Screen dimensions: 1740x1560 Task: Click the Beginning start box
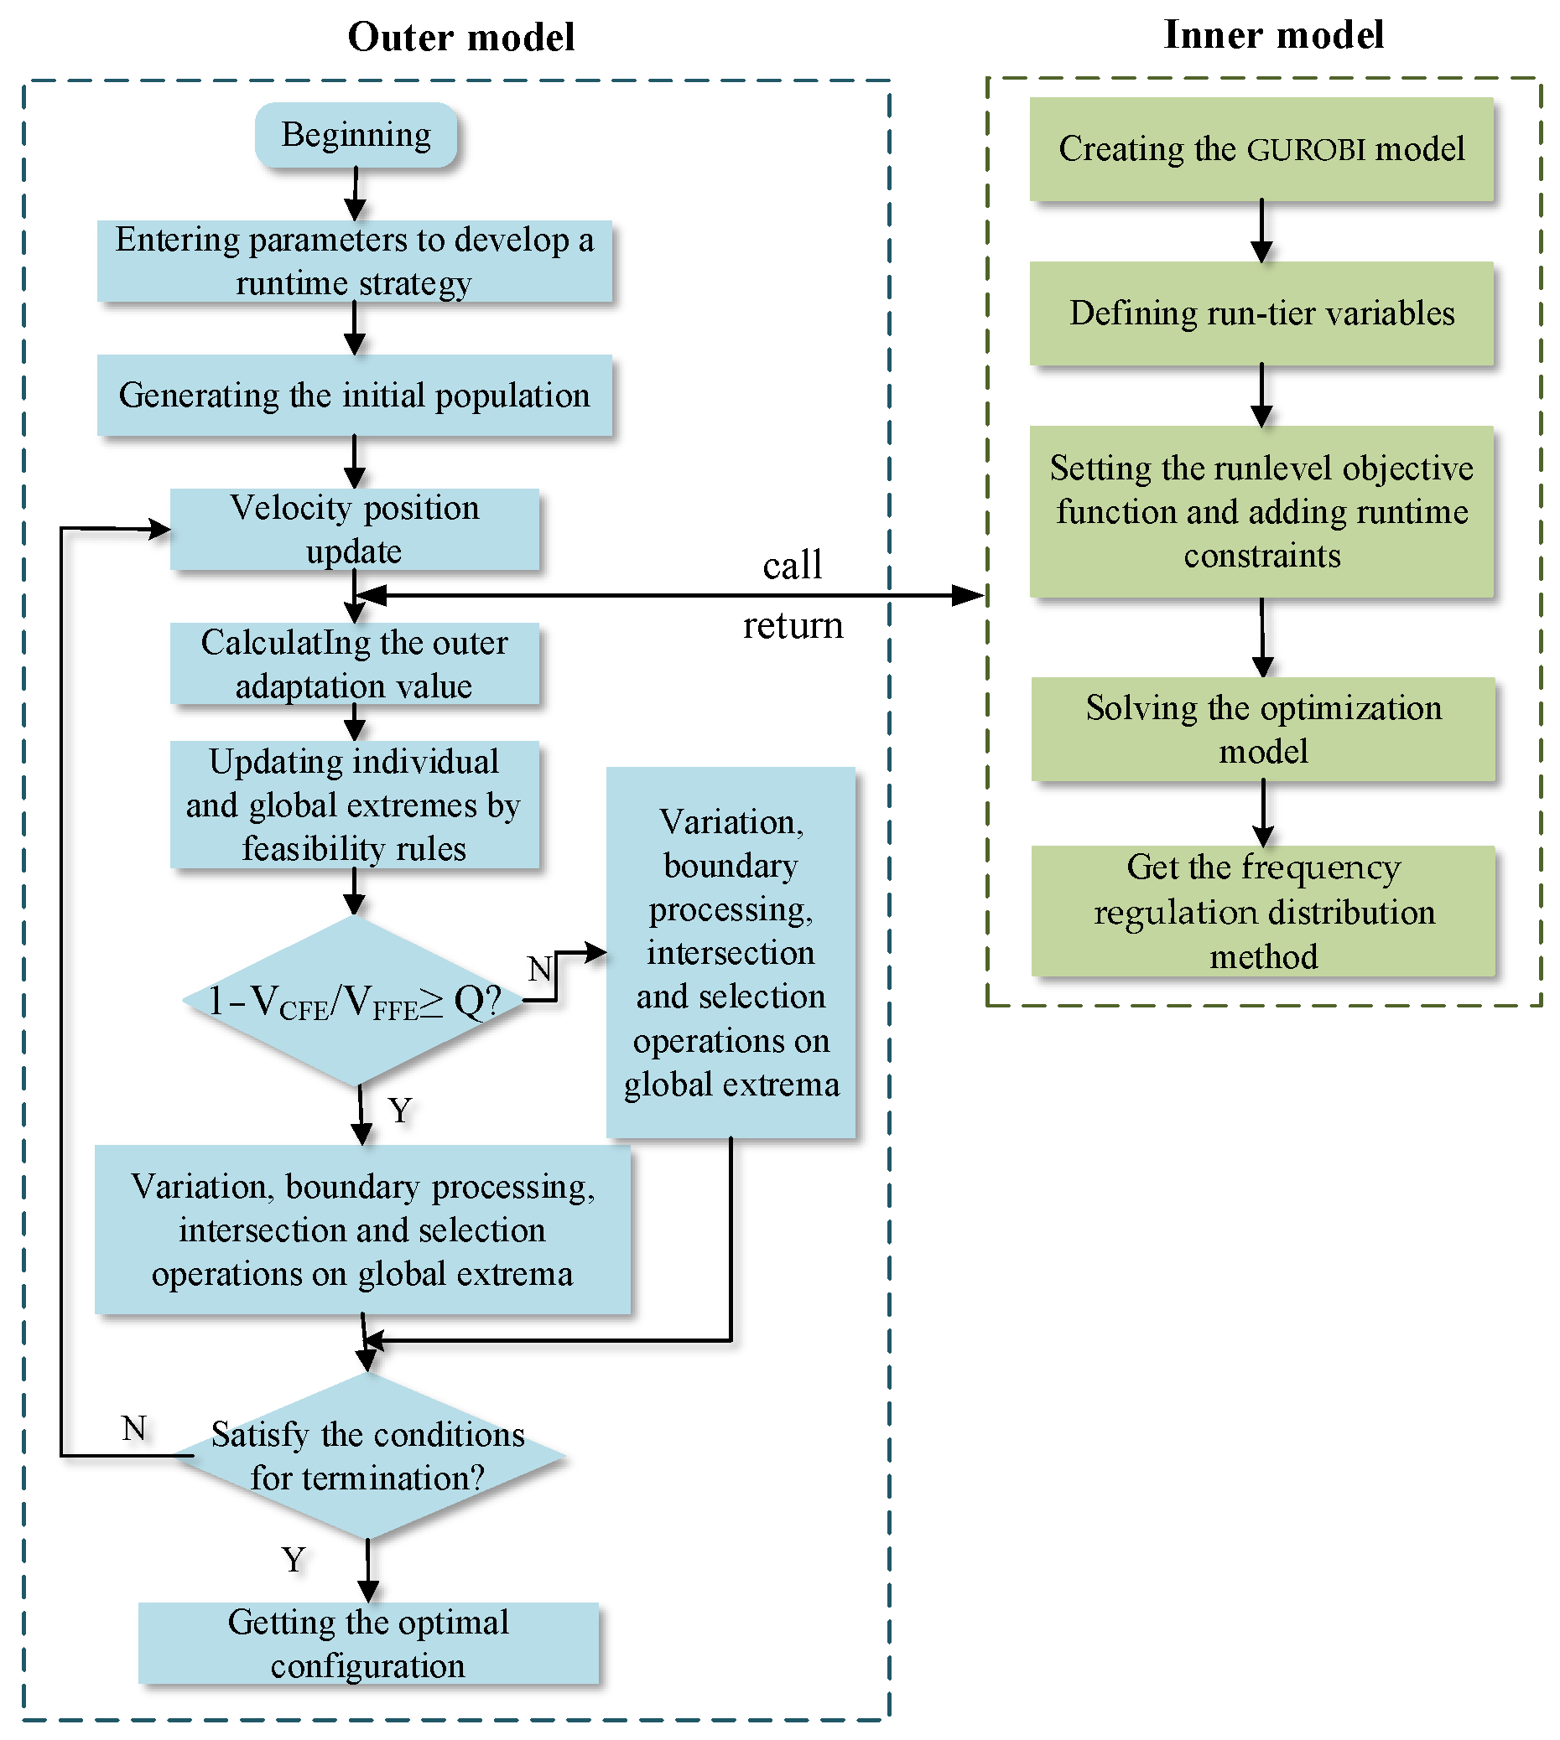click(356, 134)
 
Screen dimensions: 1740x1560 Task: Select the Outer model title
click(460, 38)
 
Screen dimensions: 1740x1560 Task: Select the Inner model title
click(1273, 35)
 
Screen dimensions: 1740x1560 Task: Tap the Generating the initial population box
click(354, 396)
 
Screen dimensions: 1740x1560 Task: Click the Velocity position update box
click(354, 530)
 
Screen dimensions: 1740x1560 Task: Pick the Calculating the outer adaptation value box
click(354, 664)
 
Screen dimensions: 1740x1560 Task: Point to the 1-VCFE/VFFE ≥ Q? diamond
click(354, 1001)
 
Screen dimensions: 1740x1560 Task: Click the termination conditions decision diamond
click(368, 1457)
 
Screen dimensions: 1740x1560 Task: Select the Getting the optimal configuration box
click(368, 1643)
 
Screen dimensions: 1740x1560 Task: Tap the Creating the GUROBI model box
click(1261, 149)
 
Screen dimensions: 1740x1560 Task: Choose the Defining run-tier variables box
click(1261, 313)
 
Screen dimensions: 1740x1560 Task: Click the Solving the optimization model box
click(1263, 729)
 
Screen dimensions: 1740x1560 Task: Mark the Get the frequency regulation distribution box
click(1263, 912)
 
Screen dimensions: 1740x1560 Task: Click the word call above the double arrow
click(792, 566)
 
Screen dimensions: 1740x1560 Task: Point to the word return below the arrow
click(793, 626)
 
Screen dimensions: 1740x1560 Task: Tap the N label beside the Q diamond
click(539, 970)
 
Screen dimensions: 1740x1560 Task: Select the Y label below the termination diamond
click(294, 1559)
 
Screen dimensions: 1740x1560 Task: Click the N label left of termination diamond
click(134, 1428)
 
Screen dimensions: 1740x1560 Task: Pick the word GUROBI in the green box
click(1305, 150)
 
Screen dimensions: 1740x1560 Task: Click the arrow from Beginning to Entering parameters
click(355, 194)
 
